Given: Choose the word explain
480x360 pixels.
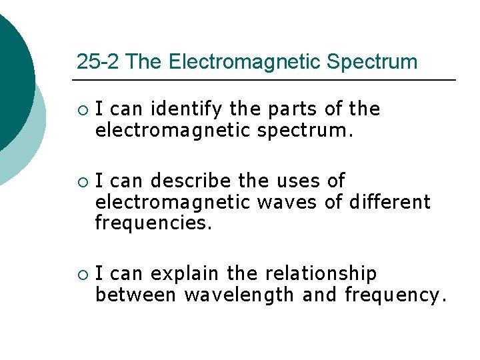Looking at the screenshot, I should click(185, 273).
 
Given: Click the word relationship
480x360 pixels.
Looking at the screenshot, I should click(321, 273).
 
